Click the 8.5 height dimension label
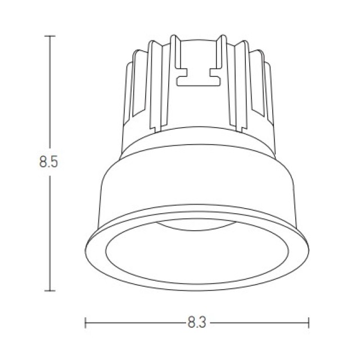[48, 161]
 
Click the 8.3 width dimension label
[197, 322]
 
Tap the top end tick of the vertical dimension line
[50, 36]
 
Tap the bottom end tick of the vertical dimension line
[50, 291]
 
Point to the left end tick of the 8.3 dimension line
[85, 323]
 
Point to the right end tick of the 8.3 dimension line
[309, 323]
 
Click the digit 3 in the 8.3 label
[202, 322]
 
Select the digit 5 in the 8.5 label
[54, 161]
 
